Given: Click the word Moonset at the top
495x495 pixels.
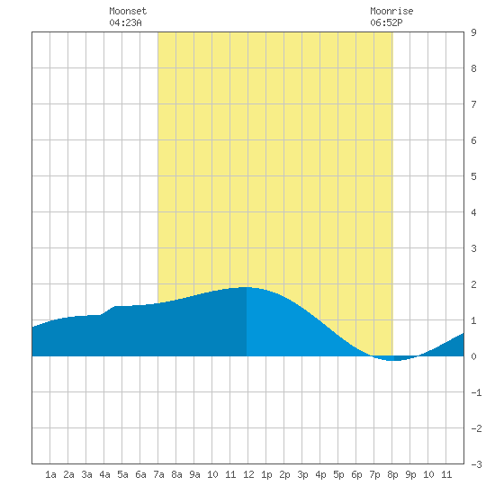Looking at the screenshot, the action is (x=128, y=11).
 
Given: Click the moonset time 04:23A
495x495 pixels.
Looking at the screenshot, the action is (x=125, y=22).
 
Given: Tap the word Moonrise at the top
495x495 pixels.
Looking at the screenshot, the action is (x=391, y=11).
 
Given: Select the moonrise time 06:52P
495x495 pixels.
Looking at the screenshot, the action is (x=386, y=22).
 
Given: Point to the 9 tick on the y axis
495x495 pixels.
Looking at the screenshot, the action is (x=473, y=32).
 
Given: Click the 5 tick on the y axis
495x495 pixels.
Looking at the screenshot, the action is (x=473, y=176).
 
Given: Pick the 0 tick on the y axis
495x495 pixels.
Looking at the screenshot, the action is (x=473, y=356).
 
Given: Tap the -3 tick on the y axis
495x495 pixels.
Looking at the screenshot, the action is (x=476, y=464).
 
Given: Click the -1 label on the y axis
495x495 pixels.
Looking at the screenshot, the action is (x=476, y=392).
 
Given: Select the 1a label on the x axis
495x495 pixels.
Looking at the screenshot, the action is (x=50, y=474).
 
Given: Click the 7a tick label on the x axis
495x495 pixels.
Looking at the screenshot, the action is (x=158, y=474).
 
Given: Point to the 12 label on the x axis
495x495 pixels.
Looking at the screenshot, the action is (x=248, y=474).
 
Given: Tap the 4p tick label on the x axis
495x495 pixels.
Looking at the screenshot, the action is (x=320, y=474).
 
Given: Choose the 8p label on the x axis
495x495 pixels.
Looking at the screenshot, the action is (x=392, y=474).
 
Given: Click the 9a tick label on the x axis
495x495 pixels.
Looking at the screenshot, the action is (x=194, y=474).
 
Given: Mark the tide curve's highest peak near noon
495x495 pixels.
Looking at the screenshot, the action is (x=247, y=287).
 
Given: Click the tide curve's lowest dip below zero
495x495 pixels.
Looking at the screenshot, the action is (x=392, y=360).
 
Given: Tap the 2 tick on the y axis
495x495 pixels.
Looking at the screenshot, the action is (x=473, y=284).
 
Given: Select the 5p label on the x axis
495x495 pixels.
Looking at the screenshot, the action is (x=338, y=474).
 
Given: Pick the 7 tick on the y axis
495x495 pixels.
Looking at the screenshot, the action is (x=473, y=104).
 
